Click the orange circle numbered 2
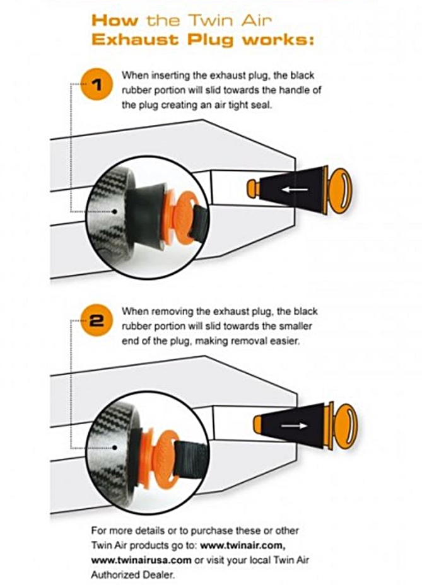[x=97, y=320]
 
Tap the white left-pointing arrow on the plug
[x=295, y=190]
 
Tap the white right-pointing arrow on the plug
[x=295, y=426]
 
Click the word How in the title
[x=114, y=21]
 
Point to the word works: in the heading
[x=278, y=40]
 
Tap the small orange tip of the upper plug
[x=254, y=188]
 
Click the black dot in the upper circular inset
[x=115, y=212]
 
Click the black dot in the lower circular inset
[x=115, y=448]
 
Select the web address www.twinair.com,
[x=243, y=545]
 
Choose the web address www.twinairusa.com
[x=141, y=560]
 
